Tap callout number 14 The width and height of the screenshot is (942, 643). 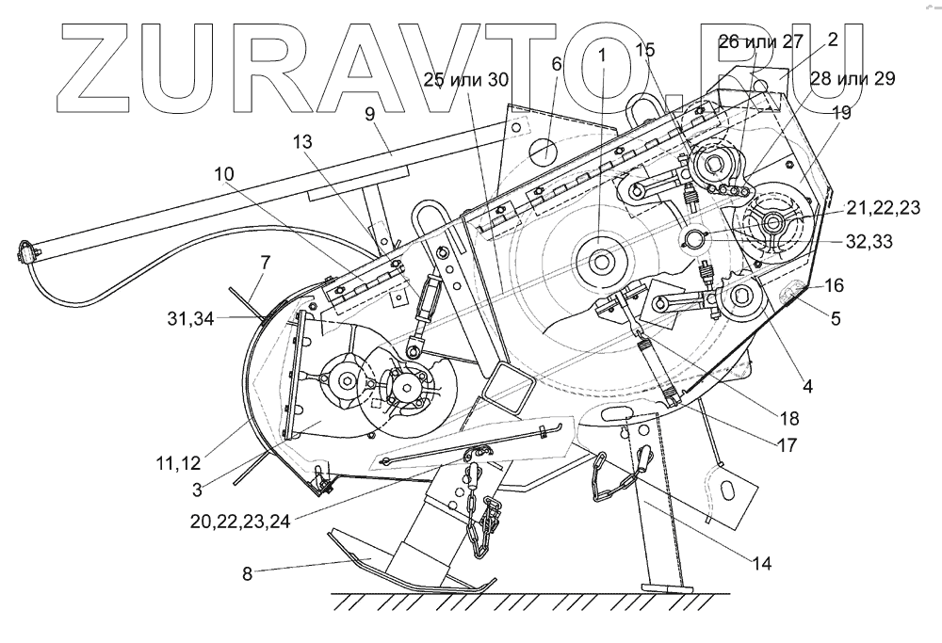point(762,563)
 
